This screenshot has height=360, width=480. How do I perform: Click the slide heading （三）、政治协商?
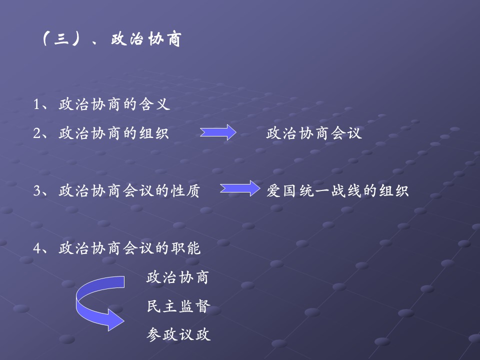click(x=110, y=39)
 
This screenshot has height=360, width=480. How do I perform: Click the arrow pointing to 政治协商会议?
click(x=218, y=133)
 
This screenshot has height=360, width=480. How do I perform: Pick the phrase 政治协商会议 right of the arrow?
click(x=314, y=133)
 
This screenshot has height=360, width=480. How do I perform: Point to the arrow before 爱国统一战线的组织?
click(x=239, y=189)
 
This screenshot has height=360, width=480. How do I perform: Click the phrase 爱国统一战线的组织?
click(x=337, y=191)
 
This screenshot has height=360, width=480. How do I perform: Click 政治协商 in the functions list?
click(x=177, y=277)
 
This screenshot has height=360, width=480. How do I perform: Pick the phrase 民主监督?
click(x=177, y=306)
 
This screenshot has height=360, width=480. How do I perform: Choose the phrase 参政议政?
click(x=178, y=334)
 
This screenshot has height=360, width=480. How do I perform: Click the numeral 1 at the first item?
click(x=36, y=104)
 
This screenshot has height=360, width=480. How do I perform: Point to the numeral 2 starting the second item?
click(x=36, y=133)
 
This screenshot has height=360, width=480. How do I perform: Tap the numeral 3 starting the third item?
click(x=36, y=191)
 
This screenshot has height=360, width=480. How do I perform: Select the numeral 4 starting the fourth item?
click(x=36, y=248)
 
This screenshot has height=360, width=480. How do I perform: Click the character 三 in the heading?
click(x=60, y=40)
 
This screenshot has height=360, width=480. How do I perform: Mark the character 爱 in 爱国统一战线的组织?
click(x=273, y=191)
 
